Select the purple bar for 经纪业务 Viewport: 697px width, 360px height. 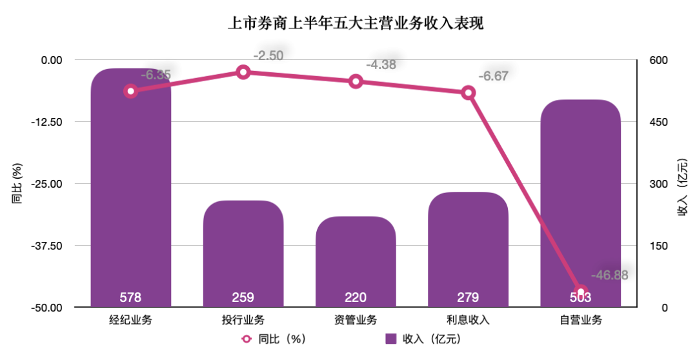(131, 194)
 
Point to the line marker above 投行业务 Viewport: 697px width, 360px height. (243, 72)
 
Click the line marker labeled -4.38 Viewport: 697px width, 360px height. (356, 81)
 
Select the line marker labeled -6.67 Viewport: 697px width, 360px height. (469, 93)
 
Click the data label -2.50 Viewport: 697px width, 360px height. (268, 55)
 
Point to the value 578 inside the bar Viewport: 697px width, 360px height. (130, 297)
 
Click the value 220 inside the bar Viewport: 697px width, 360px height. (356, 297)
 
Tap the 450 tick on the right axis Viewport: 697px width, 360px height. (657, 122)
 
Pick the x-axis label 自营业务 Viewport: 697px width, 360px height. (580, 320)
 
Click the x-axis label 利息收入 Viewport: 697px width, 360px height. (468, 320)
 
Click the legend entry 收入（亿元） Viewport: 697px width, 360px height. (423, 339)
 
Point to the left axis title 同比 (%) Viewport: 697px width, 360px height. (17, 184)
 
